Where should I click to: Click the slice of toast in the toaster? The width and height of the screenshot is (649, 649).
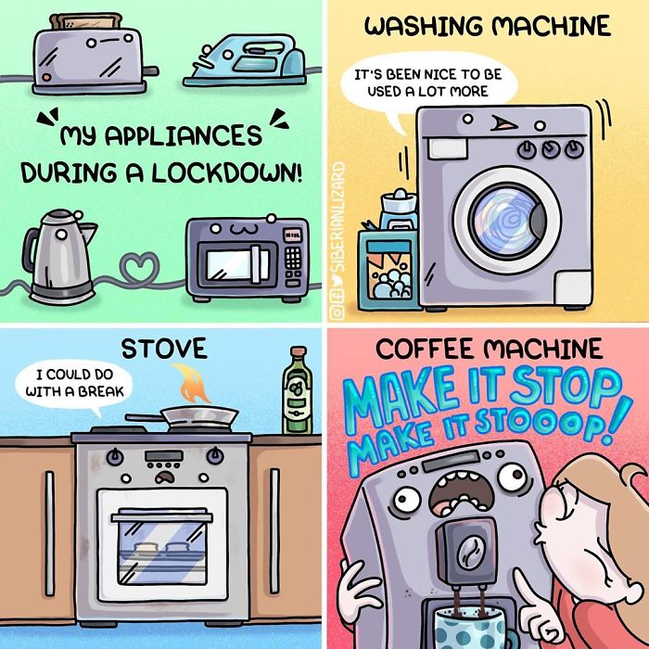pyautogui.click(x=86, y=20)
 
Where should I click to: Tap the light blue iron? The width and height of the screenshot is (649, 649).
pyautogui.click(x=245, y=61)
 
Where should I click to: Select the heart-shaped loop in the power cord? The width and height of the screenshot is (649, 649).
pyautogui.click(x=139, y=267)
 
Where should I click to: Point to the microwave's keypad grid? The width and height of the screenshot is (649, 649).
pyautogui.click(x=293, y=258)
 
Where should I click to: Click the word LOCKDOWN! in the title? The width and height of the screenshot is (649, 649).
pyautogui.click(x=226, y=173)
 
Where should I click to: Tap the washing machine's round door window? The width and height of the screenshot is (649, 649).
pyautogui.click(x=507, y=220)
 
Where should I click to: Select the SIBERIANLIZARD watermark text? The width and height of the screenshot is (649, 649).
pyautogui.click(x=337, y=216)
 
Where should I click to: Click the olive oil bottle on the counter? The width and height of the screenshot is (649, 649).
pyautogui.click(x=298, y=390)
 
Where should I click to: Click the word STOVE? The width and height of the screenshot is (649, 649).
pyautogui.click(x=164, y=349)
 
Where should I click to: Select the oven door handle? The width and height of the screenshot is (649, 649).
pyautogui.click(x=162, y=517)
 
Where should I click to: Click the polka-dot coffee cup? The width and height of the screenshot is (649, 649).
pyautogui.click(x=472, y=629)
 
